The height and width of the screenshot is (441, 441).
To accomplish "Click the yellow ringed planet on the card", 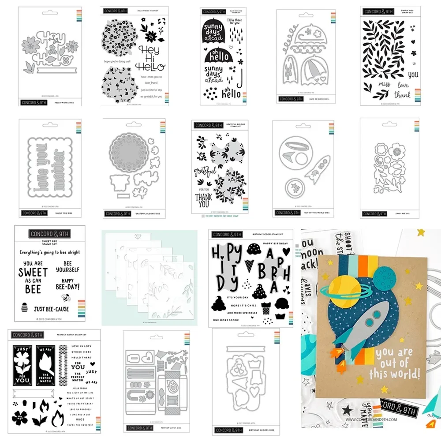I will (342, 291).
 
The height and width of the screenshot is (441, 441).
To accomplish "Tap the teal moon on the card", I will (385, 280).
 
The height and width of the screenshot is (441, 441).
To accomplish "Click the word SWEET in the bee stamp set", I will (33, 273).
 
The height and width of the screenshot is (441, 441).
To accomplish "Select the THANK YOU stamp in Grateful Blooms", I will (204, 199).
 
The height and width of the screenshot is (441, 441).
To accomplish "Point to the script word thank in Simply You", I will (402, 95).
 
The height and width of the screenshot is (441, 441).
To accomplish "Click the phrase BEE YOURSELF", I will (67, 266).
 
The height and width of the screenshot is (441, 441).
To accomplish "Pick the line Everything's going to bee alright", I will (49, 252).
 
